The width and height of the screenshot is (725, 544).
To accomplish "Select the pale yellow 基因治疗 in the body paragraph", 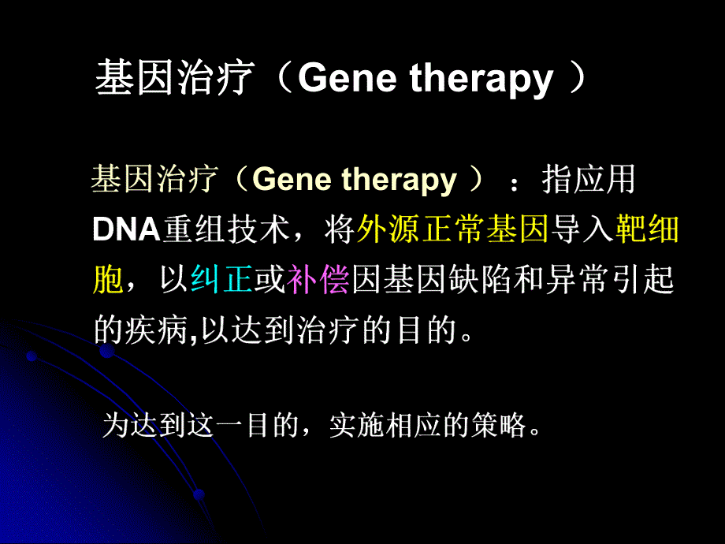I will click(x=152, y=181).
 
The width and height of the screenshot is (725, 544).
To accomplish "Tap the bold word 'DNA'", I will click(x=125, y=230).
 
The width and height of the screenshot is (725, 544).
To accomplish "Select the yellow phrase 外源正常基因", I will click(x=452, y=229).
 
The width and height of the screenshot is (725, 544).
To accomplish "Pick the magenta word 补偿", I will click(x=318, y=281).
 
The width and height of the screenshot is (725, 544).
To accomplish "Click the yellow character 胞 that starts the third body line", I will click(x=107, y=281).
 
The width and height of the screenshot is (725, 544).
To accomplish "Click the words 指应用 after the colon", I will click(x=589, y=181).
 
